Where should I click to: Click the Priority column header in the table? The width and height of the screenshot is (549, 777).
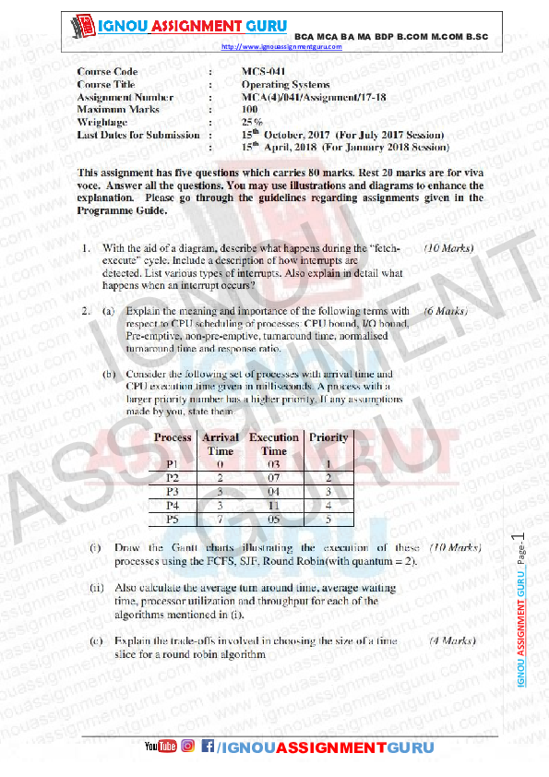pyautogui.click(x=328, y=437)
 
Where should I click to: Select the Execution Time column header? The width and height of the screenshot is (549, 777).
pyautogui.click(x=274, y=444)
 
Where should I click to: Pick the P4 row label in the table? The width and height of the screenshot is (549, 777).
pyautogui.click(x=172, y=506)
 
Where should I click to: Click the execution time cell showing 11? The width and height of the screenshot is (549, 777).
pyautogui.click(x=274, y=506)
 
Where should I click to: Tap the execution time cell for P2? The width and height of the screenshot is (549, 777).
pyautogui.click(x=274, y=478)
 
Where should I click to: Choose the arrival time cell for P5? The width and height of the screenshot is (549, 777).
pyautogui.click(x=221, y=520)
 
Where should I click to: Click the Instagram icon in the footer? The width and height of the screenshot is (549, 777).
pyautogui.click(x=187, y=746)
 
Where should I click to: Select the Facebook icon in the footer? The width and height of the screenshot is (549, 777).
pyautogui.click(x=208, y=746)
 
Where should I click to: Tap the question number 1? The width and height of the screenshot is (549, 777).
pyautogui.click(x=84, y=249)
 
